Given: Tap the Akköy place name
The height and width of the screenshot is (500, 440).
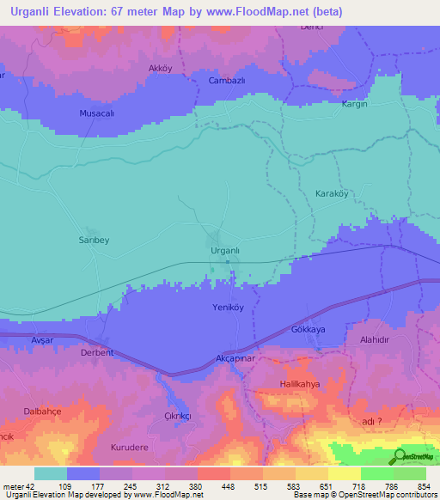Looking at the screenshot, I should (x=161, y=68).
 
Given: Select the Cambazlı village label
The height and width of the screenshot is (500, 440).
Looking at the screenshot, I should (x=228, y=81).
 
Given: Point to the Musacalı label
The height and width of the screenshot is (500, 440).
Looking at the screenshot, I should (x=96, y=113).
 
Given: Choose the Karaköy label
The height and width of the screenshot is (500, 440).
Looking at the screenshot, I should (x=332, y=194).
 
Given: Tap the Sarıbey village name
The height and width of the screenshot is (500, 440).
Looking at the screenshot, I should (x=95, y=241).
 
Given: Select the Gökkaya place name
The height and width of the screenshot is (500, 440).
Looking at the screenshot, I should (x=309, y=330).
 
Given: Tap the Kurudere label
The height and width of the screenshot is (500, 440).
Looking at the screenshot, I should (x=130, y=448).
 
